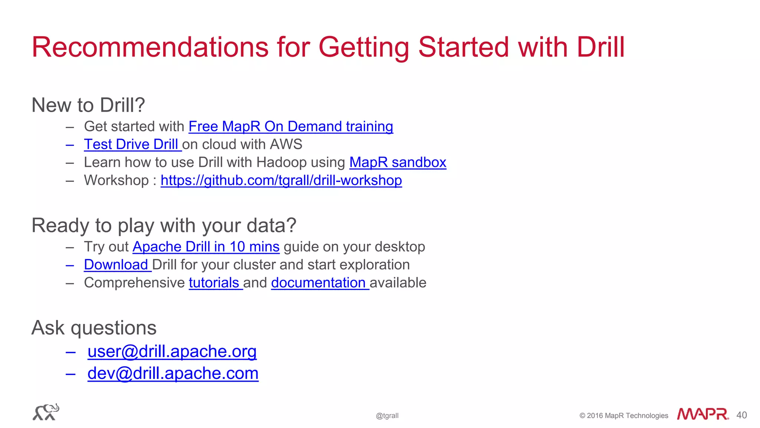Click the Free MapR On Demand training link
pos(291,127)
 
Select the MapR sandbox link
pos(397,163)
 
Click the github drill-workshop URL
pos(281,180)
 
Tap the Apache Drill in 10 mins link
pos(206,247)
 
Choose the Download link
pos(116,265)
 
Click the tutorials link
pos(214,283)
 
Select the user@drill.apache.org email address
pos(172,351)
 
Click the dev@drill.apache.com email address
pos(173,373)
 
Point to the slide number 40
pos(741,415)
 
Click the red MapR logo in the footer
pos(702,414)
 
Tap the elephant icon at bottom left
pos(46,412)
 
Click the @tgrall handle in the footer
pos(387,416)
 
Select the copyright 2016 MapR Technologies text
pos(624,416)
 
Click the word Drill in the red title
pos(601,47)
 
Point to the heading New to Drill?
pos(88,105)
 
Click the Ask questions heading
pos(94,328)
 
